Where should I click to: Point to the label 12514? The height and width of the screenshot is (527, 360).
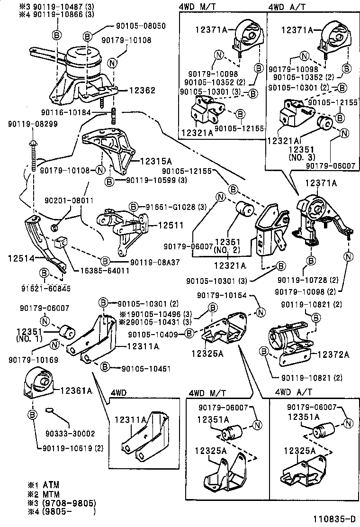pyautogui.click(x=20, y=258)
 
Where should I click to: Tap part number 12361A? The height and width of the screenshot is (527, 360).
pyautogui.click(x=75, y=391)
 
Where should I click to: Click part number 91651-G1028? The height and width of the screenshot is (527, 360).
pyautogui.click(x=173, y=207)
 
